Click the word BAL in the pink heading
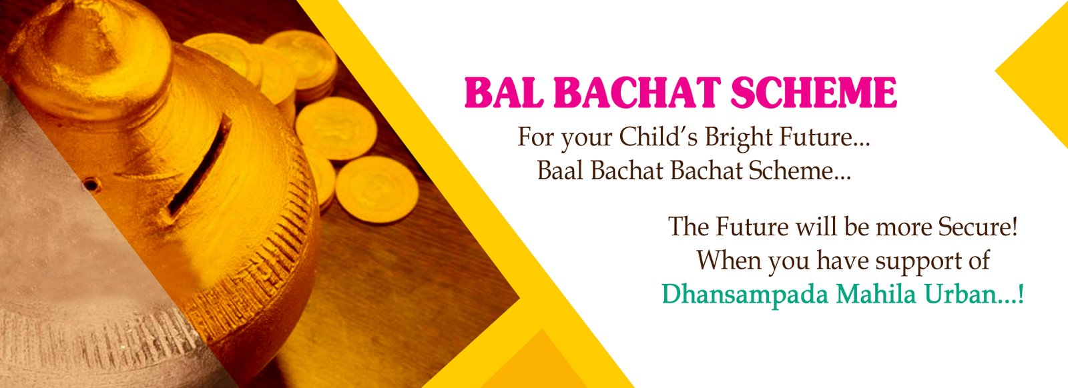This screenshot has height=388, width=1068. [x=504, y=93]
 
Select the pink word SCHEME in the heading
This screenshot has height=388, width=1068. [x=814, y=93]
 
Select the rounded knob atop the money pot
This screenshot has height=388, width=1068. [x=91, y=57]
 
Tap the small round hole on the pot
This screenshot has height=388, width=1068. [x=91, y=183]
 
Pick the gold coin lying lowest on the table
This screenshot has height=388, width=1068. [x=376, y=189]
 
